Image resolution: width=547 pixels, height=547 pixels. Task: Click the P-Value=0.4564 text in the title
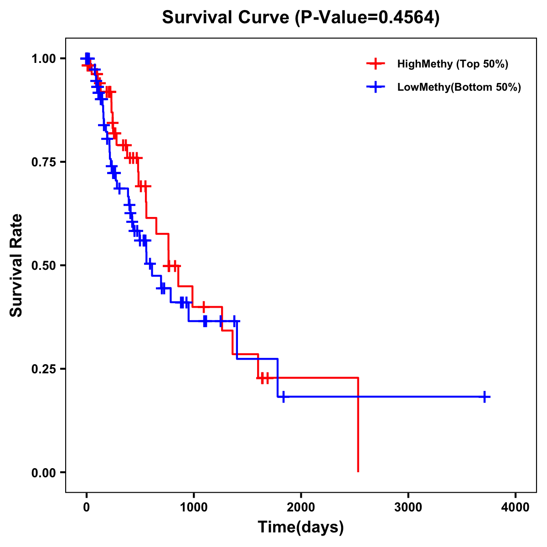(x=367, y=18)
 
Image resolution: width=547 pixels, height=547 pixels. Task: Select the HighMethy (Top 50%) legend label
(x=452, y=64)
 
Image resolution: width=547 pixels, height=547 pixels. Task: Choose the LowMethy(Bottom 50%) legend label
(x=459, y=88)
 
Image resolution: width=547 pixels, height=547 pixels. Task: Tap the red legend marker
(x=375, y=64)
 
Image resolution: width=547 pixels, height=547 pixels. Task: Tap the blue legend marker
(x=375, y=88)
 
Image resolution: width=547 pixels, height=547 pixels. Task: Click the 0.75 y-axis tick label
(x=43, y=162)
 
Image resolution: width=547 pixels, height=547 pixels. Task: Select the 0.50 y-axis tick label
(x=43, y=266)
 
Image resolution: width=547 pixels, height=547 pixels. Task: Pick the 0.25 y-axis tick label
(x=43, y=369)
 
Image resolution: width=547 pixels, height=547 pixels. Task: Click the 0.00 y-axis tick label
(x=43, y=473)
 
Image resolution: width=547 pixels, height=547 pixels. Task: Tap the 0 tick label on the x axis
(x=86, y=507)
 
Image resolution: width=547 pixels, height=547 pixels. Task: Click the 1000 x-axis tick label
(x=193, y=507)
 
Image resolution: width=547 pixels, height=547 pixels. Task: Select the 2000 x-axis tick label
(x=301, y=507)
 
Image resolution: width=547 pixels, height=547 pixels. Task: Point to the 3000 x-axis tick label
(x=408, y=507)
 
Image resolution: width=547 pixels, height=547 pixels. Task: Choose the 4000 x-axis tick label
(x=515, y=507)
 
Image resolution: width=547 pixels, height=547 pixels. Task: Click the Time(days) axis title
(x=301, y=527)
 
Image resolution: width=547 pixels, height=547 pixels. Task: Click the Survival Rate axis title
(x=16, y=265)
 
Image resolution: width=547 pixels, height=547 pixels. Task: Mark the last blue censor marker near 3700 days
(x=485, y=397)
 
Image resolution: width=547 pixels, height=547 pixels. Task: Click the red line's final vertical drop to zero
(x=358, y=433)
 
